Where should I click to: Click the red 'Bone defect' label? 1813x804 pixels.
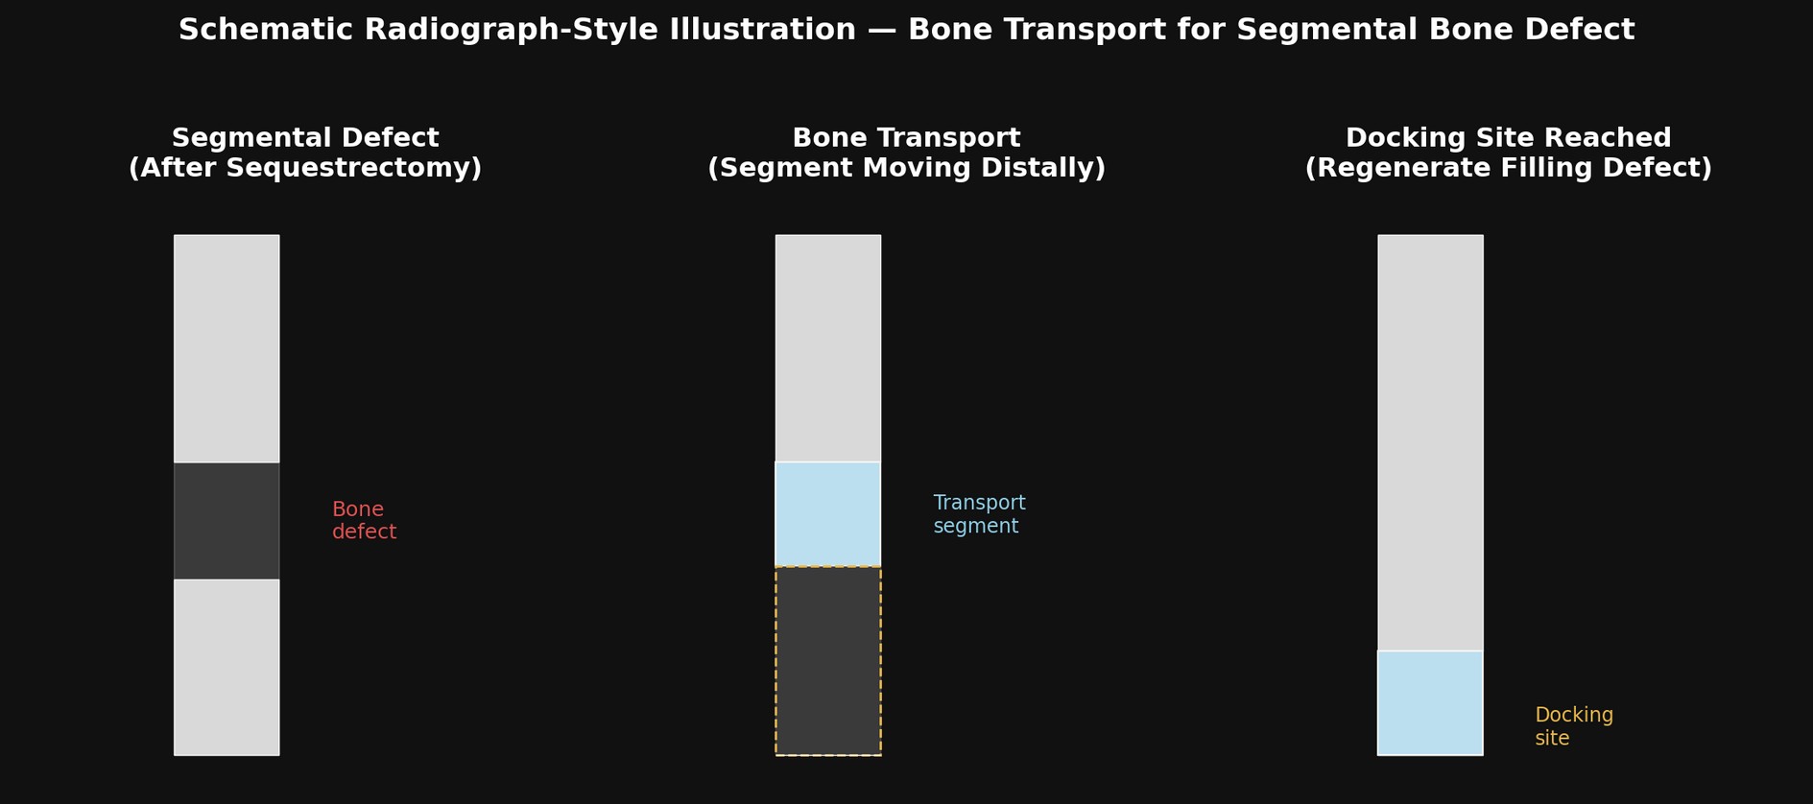364,521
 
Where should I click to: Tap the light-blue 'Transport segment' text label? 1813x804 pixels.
979,515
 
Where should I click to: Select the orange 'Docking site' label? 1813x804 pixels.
1574,727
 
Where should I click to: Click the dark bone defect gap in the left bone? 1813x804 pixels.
227,521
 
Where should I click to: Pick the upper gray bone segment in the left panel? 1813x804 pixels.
227,348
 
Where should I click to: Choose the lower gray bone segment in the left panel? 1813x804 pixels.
227,667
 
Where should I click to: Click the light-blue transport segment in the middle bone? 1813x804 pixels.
828,514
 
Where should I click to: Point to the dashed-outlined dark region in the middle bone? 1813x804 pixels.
828,661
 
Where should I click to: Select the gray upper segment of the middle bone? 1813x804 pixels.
828,348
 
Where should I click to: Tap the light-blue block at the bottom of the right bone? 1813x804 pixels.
1430,703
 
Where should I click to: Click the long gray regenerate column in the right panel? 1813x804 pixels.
1430,442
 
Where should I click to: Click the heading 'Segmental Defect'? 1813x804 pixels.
305,138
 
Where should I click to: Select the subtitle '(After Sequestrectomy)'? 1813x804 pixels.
305,169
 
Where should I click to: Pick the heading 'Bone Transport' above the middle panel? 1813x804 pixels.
906,138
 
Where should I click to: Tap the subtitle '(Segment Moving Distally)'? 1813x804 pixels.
906,169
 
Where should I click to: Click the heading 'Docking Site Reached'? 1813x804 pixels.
1508,138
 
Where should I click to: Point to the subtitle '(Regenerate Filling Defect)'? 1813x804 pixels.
1508,169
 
